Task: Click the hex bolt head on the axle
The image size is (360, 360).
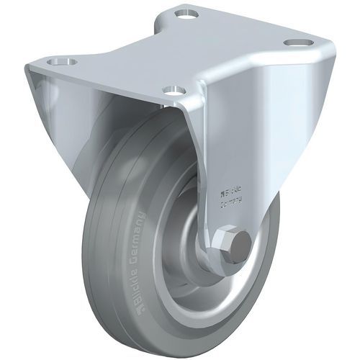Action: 235,245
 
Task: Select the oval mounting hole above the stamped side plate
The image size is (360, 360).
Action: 293,43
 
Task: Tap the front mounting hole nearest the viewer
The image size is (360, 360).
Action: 171,89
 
